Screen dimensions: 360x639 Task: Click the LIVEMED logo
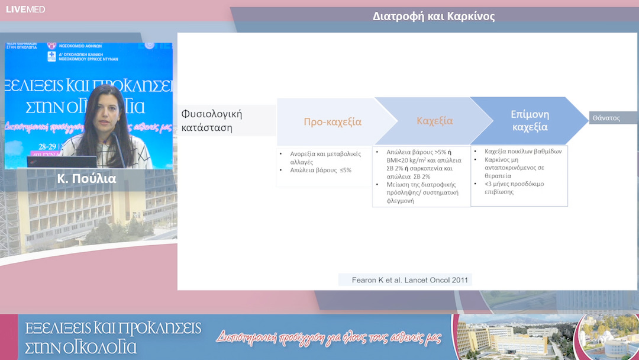tap(25, 9)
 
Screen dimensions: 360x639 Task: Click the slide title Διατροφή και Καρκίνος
tap(434, 17)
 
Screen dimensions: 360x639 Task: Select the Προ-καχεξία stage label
tap(332, 122)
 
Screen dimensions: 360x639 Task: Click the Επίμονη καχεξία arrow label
tap(529, 120)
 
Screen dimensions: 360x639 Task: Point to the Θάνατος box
tap(606, 118)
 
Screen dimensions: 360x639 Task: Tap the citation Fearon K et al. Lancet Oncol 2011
tap(405, 279)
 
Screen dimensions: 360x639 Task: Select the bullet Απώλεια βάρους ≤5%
tap(320, 170)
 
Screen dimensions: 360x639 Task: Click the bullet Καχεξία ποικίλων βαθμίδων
tap(522, 151)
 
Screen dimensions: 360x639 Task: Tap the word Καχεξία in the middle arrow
tap(434, 121)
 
